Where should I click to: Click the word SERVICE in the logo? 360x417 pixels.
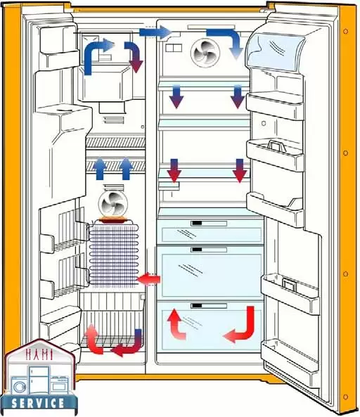(x=38, y=403)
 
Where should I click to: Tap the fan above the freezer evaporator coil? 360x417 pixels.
(x=113, y=203)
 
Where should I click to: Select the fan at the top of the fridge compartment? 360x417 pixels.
(x=205, y=53)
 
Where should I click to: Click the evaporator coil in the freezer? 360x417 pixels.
(x=114, y=255)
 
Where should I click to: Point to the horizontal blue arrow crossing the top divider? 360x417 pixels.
(x=156, y=33)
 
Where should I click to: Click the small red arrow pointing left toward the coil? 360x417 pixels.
(x=148, y=280)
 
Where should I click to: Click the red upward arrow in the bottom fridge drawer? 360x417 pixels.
(x=176, y=324)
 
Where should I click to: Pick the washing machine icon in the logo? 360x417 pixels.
(x=19, y=386)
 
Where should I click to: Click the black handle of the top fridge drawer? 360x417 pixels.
(x=196, y=223)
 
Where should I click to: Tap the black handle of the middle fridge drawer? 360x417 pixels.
(x=196, y=250)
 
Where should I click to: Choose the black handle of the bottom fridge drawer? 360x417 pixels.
(x=196, y=306)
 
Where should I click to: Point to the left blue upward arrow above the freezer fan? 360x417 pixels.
(x=100, y=168)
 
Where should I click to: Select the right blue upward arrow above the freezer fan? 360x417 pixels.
(x=126, y=168)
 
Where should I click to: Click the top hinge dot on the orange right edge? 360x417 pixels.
(x=346, y=32)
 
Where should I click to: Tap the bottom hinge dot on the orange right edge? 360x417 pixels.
(x=346, y=397)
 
